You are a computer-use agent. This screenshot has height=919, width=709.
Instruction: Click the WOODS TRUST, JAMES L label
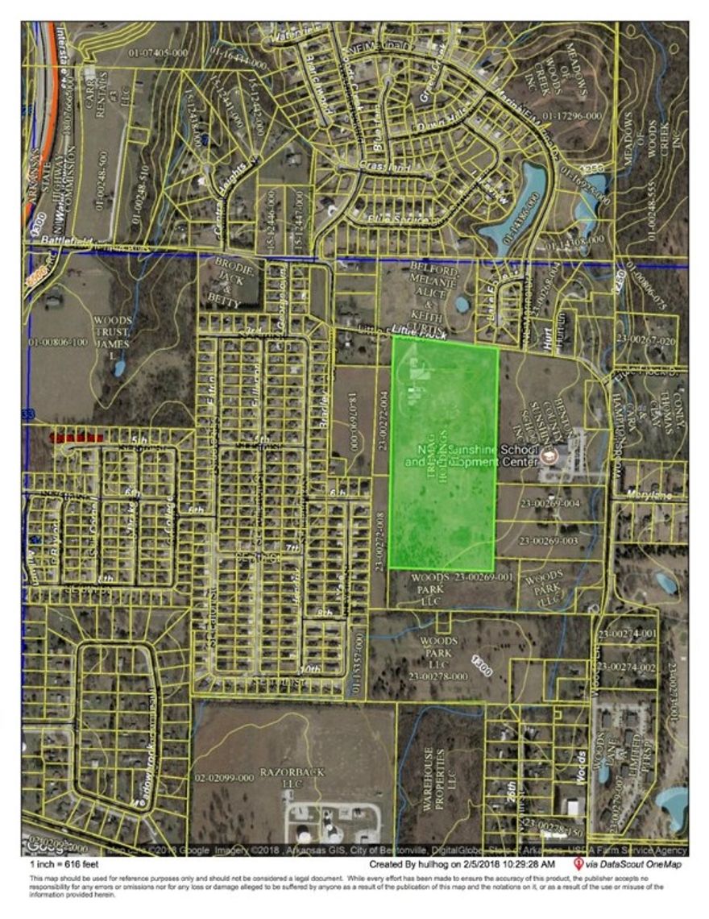pyautogui.click(x=113, y=333)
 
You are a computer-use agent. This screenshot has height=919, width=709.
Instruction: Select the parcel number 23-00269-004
pyautogui.click(x=550, y=503)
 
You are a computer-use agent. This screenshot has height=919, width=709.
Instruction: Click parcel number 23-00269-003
pyautogui.click(x=549, y=540)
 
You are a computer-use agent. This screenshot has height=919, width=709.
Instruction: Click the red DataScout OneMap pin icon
pyautogui.click(x=578, y=863)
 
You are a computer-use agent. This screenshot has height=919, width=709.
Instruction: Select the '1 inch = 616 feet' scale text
pyautogui.click(x=63, y=865)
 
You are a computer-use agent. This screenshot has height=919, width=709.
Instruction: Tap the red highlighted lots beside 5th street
pyautogui.click(x=77, y=437)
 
